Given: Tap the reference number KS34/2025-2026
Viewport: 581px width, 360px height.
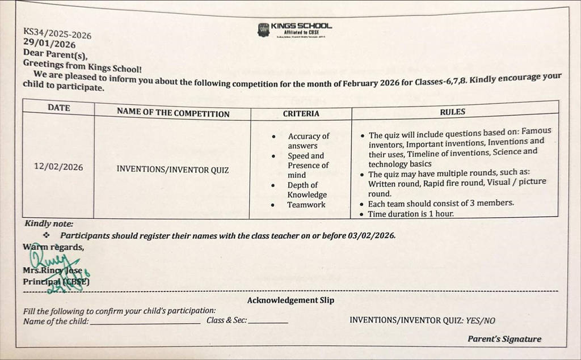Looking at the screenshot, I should [x=57, y=33].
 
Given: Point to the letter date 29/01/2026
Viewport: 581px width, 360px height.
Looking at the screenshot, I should [x=49, y=44].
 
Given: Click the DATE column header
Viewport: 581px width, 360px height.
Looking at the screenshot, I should [x=59, y=107].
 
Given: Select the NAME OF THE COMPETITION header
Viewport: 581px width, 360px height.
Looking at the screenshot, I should [x=173, y=113].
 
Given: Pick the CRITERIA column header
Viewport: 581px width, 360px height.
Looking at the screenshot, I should [x=301, y=113].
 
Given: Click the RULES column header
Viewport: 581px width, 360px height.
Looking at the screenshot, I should [x=452, y=112].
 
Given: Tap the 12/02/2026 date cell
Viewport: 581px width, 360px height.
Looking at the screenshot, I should [x=58, y=167].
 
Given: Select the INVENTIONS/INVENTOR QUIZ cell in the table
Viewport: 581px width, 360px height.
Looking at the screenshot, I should [x=172, y=169].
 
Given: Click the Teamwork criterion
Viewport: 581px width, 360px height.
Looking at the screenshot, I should [x=306, y=205].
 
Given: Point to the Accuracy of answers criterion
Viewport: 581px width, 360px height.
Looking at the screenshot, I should [x=308, y=141].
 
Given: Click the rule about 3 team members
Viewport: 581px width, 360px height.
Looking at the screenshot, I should [x=440, y=203].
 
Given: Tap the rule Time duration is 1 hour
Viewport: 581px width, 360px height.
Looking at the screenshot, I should [x=411, y=214].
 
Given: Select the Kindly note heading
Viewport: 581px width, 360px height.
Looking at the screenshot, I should [x=49, y=224].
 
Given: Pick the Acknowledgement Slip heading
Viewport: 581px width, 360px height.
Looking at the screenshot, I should [x=290, y=300].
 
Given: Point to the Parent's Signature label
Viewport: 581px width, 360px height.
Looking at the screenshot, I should [x=504, y=339].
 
